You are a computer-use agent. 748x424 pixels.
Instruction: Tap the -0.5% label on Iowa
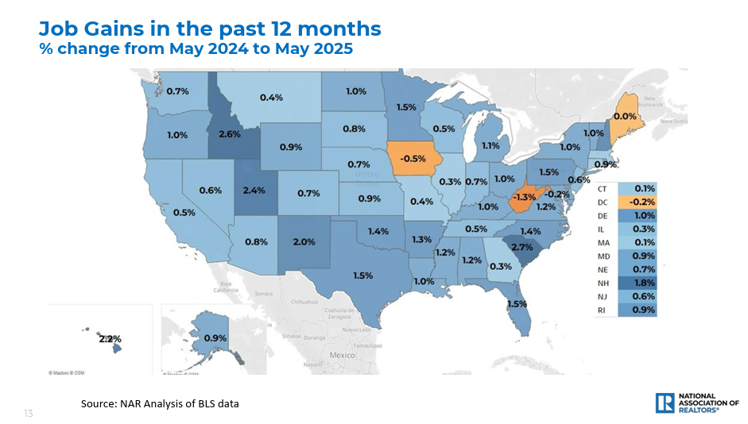tap(413, 157)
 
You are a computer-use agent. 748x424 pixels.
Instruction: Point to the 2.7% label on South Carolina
tap(521, 247)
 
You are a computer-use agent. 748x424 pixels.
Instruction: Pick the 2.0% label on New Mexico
tap(304, 241)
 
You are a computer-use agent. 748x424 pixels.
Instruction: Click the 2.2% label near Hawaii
tap(110, 338)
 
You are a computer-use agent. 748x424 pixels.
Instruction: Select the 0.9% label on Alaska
tap(215, 338)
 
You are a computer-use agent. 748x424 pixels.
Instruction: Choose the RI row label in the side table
tap(602, 310)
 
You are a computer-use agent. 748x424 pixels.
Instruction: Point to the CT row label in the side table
tap(602, 188)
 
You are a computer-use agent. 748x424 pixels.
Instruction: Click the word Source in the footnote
tap(98, 404)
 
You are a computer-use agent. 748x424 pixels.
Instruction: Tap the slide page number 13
tap(29, 414)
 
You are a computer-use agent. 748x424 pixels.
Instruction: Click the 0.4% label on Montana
tap(271, 98)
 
